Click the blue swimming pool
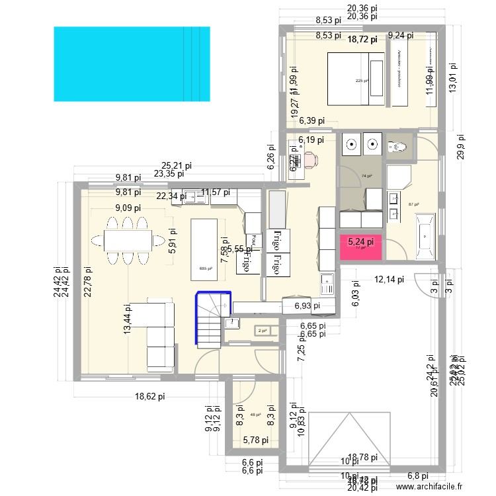(131, 63)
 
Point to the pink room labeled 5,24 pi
(360, 246)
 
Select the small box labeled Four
(252, 239)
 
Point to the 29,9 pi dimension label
(460, 147)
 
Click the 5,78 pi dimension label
(255, 440)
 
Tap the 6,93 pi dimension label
(302, 306)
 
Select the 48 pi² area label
(255, 415)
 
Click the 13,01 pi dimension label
(454, 79)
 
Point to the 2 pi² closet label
(262, 331)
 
